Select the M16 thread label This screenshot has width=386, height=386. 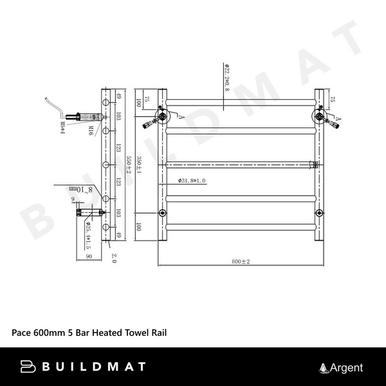point(92,132)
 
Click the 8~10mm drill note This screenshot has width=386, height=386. point(82,190)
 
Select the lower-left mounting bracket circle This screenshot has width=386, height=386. point(161,213)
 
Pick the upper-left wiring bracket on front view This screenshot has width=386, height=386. point(161,116)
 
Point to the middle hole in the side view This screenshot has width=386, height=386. point(105,164)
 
